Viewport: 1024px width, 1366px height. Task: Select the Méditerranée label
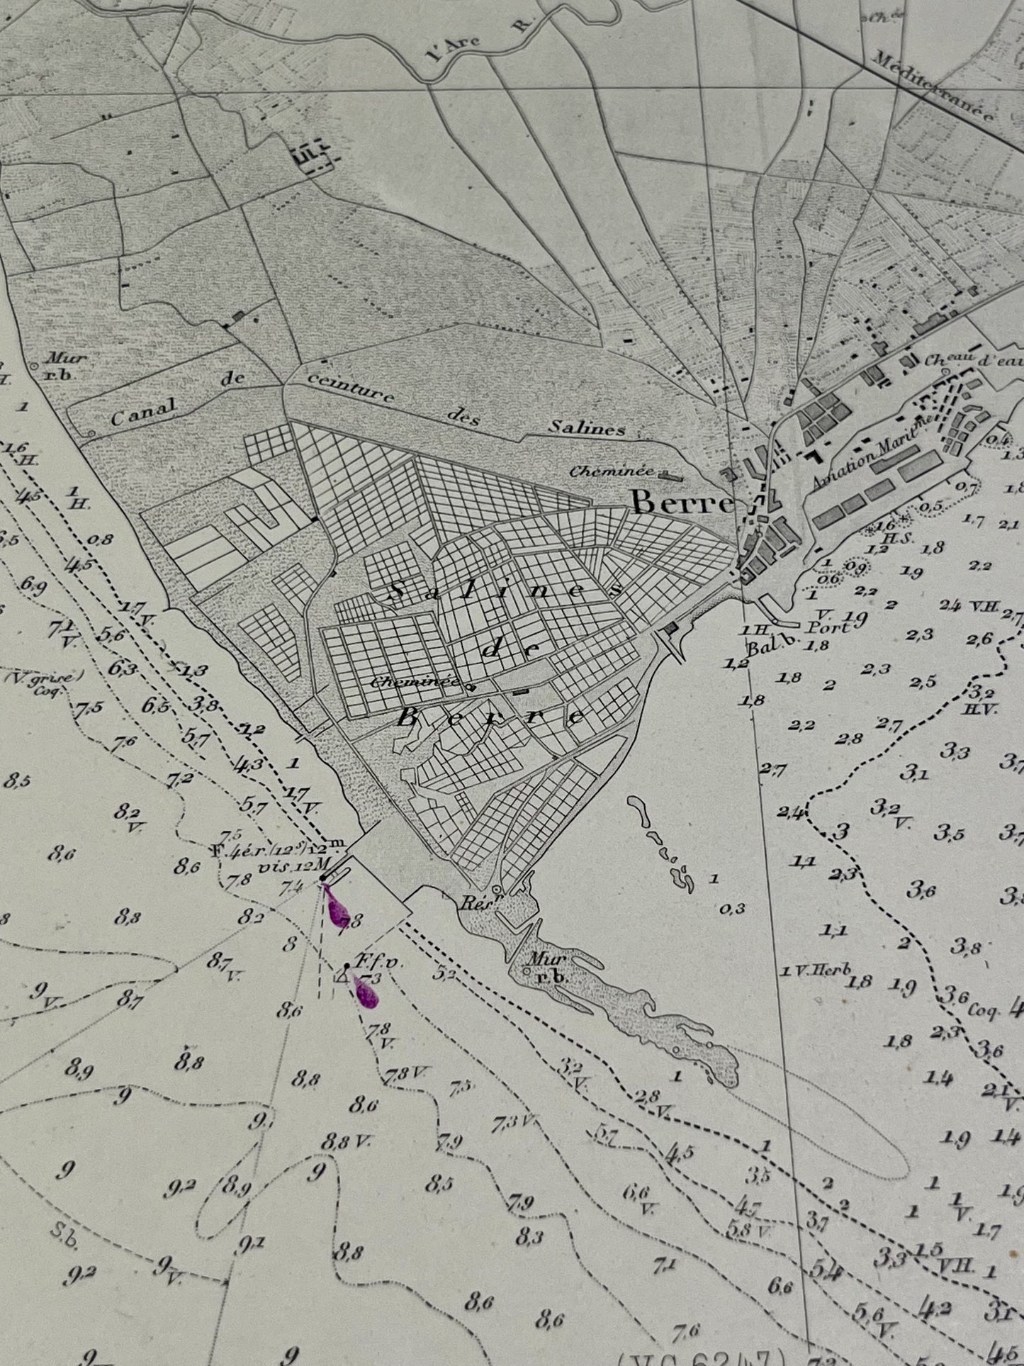[932, 87]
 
